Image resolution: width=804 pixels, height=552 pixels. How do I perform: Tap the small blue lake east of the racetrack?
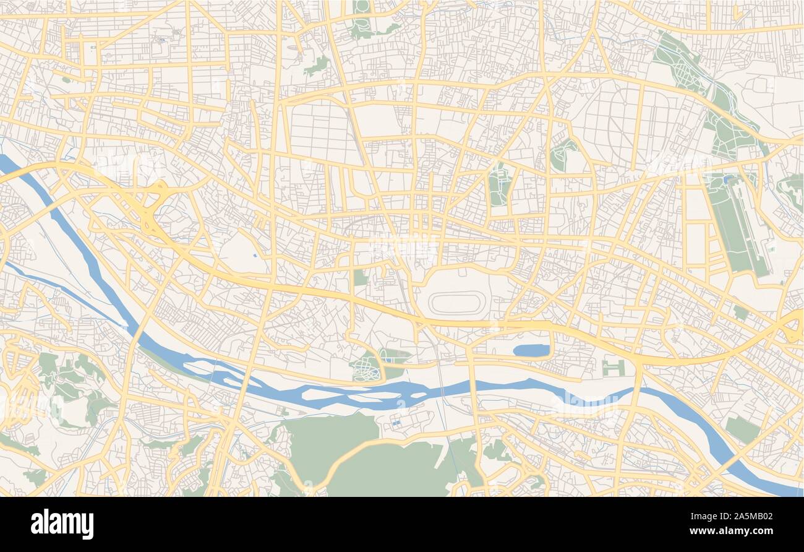[531, 351]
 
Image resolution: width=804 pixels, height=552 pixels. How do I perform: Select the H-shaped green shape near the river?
[612, 368]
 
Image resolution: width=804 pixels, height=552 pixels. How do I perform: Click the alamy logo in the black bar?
[62, 524]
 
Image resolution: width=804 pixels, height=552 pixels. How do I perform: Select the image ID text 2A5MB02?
[748, 516]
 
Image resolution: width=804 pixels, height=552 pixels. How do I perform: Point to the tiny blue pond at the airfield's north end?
[726, 180]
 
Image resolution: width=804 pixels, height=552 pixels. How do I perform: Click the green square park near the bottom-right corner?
[741, 429]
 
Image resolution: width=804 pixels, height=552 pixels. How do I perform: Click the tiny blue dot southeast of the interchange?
[255, 254]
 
